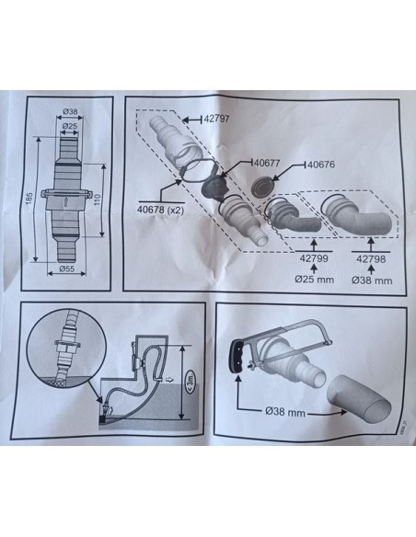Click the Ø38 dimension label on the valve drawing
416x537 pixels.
70,111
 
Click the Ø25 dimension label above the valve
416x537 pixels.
70,126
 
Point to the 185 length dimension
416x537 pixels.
29,200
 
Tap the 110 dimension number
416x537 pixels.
97,200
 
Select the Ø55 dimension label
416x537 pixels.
66,269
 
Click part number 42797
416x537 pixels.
216,120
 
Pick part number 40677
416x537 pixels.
266,163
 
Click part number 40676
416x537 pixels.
321,165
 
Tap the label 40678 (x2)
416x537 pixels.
160,210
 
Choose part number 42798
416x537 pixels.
371,259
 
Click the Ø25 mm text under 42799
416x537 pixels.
314,280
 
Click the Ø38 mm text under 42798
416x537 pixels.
372,280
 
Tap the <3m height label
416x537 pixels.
190,382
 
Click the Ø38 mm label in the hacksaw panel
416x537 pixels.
285,411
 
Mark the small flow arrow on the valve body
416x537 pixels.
65,201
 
